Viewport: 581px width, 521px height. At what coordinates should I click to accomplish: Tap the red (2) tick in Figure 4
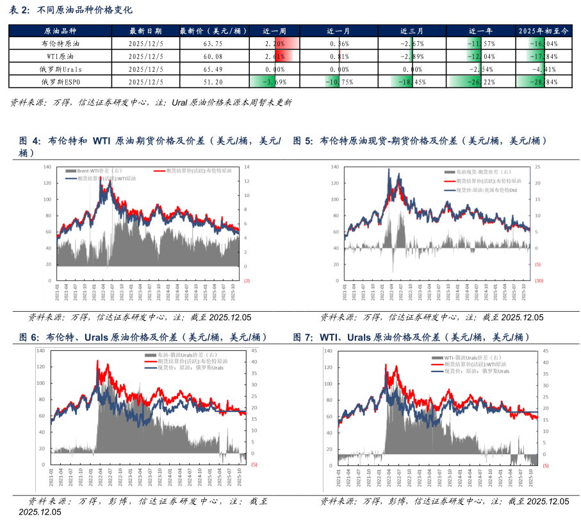[x=247, y=280]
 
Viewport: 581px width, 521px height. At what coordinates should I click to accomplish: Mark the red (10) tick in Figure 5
[x=539, y=281]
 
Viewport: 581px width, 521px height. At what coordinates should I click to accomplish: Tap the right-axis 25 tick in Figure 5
[x=538, y=167]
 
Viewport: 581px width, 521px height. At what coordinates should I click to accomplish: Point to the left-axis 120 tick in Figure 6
[x=42, y=367]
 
